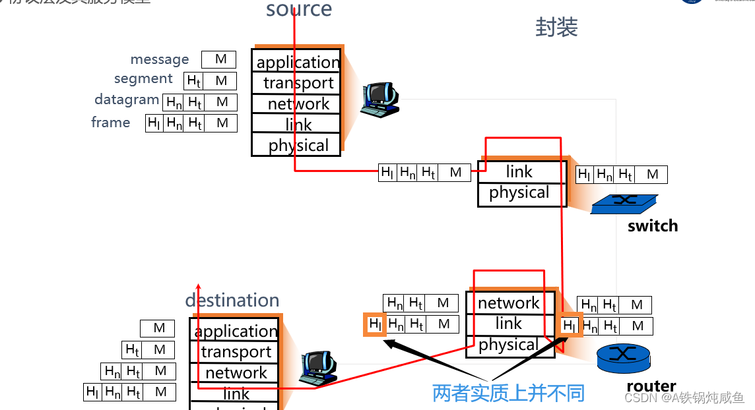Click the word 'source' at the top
299,10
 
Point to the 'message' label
160,59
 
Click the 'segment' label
143,79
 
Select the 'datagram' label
127,100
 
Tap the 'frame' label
111,123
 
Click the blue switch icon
624,204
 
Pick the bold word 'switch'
653,226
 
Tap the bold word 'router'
651,386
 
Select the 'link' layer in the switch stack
519,172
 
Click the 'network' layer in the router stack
509,303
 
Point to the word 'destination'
232,301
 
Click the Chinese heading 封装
556,28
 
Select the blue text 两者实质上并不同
508,394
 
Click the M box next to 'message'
220,59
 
